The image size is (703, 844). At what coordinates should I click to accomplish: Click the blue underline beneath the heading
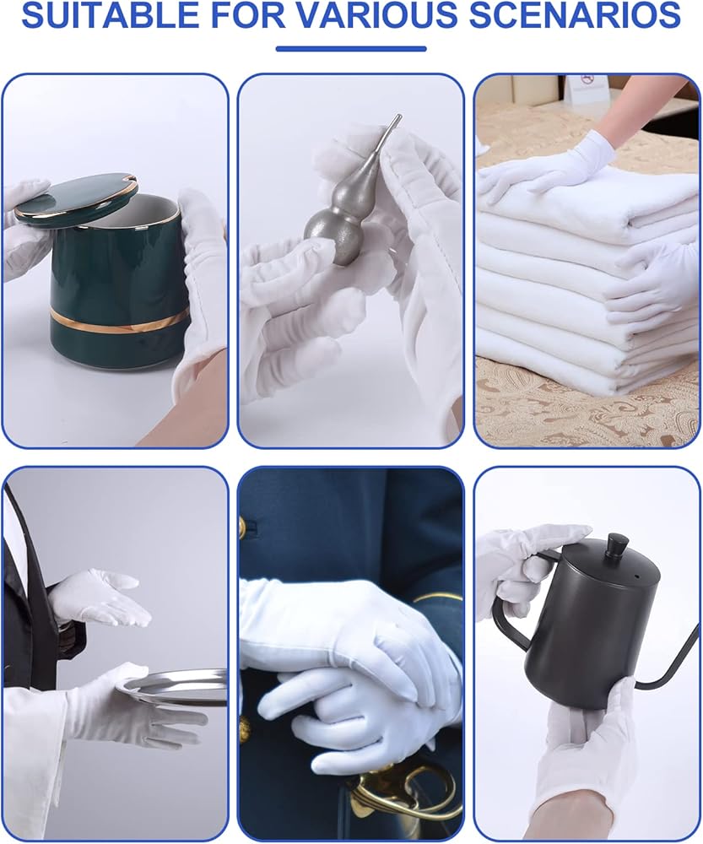(351, 48)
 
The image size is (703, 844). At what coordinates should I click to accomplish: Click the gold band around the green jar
(119, 321)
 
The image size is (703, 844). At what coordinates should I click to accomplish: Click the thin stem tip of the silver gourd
(397, 116)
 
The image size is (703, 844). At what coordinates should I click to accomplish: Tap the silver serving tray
(171, 687)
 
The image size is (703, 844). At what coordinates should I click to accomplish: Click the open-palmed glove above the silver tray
(100, 598)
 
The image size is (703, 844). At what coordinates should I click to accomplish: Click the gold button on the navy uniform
(242, 527)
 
